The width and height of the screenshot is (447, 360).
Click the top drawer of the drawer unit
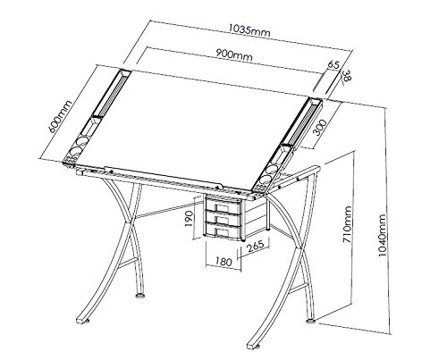pyautogui.click(x=224, y=206)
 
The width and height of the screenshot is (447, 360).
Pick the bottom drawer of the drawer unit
pyautogui.click(x=224, y=231)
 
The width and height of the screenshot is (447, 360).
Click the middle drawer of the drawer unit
pyautogui.click(x=224, y=219)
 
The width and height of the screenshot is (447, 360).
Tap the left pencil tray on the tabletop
pyautogui.click(x=106, y=99)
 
